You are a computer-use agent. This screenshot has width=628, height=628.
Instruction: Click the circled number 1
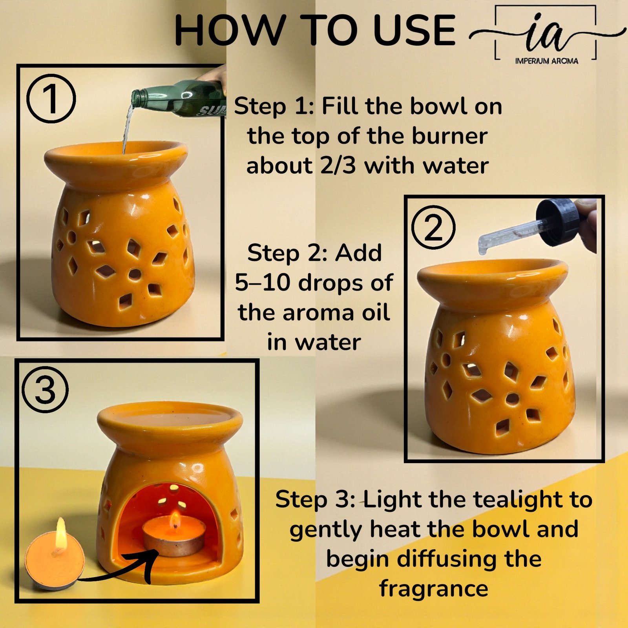[51, 99]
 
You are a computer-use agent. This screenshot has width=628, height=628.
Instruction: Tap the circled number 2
[433, 228]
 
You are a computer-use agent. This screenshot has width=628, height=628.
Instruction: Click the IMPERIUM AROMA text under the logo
[546, 61]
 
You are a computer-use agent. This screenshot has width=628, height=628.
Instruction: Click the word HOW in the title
[230, 30]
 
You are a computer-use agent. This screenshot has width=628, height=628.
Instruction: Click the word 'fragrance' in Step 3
[434, 589]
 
